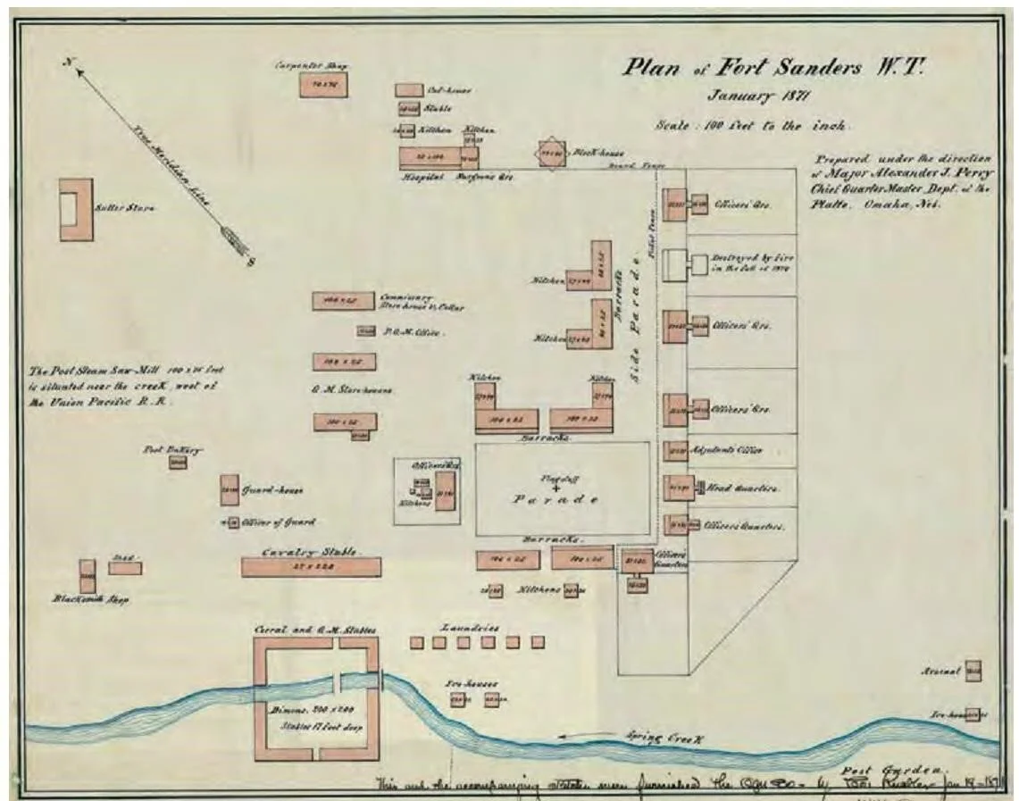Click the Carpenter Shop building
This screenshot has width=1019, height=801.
323,84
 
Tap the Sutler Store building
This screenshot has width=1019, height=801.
76,209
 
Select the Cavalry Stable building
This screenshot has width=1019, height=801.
311,566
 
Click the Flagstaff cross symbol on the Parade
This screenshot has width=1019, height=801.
555,488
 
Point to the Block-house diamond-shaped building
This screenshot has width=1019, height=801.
553,154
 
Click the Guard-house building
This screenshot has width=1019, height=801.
230,489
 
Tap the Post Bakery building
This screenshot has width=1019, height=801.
178,462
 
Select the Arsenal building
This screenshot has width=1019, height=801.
973,670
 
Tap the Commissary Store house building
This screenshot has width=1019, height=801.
342,301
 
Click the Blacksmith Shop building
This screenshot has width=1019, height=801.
87,576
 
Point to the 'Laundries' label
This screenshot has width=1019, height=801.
468,627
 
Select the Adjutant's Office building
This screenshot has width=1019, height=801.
674,450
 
